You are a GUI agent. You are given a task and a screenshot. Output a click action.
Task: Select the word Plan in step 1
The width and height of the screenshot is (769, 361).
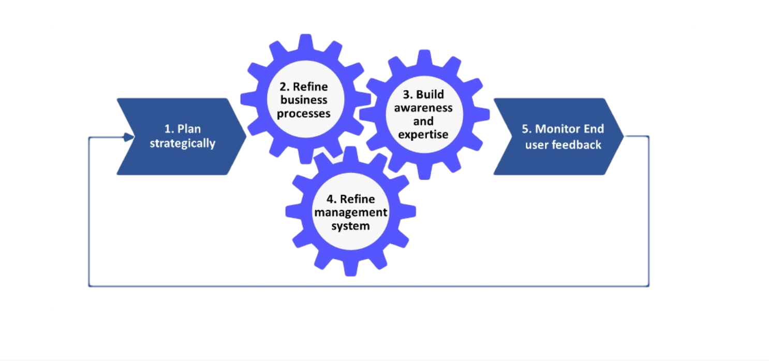190,129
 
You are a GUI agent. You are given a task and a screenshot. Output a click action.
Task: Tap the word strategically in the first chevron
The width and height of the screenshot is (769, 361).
182,143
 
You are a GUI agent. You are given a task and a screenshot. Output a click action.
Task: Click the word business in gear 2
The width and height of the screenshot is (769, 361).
304,100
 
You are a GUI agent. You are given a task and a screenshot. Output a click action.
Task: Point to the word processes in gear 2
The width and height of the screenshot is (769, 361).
304,113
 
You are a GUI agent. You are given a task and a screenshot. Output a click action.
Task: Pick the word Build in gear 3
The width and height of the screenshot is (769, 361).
430,95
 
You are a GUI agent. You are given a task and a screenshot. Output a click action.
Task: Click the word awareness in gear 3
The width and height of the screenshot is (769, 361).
423,108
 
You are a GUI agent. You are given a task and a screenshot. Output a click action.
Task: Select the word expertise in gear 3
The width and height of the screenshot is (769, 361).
423,135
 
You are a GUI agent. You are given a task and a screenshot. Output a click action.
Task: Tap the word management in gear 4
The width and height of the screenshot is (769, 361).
351,212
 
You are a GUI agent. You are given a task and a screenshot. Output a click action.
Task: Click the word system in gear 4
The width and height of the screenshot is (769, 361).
350,226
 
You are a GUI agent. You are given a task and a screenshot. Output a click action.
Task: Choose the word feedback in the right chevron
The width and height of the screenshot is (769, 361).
576,145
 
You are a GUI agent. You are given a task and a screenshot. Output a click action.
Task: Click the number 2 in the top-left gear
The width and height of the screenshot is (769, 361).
282,87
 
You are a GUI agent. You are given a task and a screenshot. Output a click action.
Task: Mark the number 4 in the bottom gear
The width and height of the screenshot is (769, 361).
330,199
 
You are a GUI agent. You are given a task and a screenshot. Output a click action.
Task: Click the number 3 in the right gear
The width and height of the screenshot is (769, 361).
407,95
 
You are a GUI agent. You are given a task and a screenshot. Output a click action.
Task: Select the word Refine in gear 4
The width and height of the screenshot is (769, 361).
358,199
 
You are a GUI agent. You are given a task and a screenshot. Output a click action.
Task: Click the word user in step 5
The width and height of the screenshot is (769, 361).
537,145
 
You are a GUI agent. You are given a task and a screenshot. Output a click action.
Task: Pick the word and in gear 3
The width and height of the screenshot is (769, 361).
423,122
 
